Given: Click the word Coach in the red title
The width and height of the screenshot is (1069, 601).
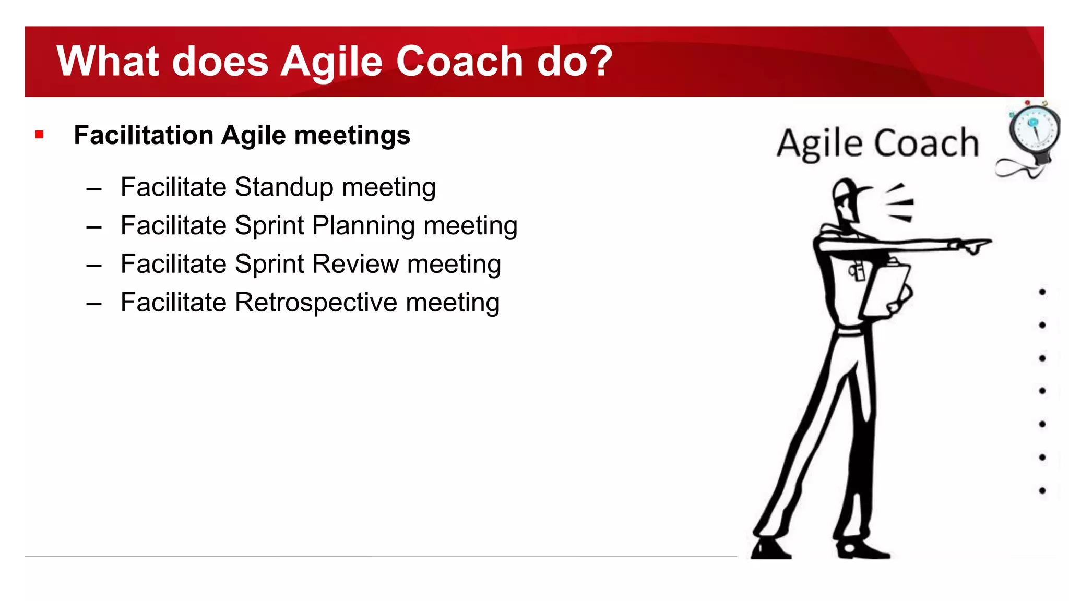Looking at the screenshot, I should pyautogui.click(x=459, y=62).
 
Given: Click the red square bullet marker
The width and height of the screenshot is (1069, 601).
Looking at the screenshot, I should pyautogui.click(x=39, y=135).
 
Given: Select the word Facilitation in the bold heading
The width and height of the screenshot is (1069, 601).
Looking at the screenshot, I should pyautogui.click(x=144, y=136).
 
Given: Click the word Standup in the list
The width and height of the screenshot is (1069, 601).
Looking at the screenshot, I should pyautogui.click(x=284, y=187).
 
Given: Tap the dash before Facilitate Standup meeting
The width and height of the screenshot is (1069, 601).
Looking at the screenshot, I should pyautogui.click(x=94, y=188).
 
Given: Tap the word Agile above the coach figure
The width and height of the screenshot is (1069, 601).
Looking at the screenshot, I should pyautogui.click(x=818, y=143).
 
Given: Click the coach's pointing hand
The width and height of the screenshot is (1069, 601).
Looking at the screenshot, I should pyautogui.click(x=973, y=245).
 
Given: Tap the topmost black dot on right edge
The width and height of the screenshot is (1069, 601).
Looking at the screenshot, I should pyautogui.click(x=1042, y=292).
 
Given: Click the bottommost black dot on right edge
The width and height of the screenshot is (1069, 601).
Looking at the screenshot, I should pyautogui.click(x=1042, y=490).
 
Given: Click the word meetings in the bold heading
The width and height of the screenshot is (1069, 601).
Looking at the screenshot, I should pyautogui.click(x=352, y=136).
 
